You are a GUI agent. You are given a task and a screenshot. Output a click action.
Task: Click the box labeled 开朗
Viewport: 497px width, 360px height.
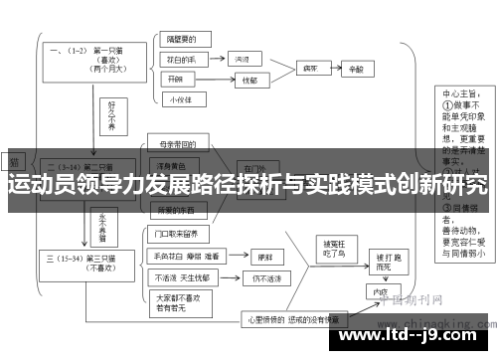177,78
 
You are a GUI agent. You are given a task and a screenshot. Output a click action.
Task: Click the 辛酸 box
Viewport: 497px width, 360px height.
357,69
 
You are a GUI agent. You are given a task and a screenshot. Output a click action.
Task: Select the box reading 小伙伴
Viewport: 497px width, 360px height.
180,97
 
